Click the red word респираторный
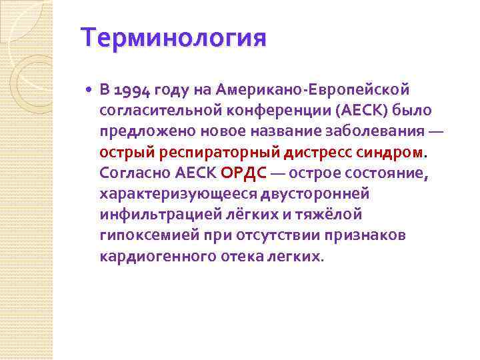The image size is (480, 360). point(219,153)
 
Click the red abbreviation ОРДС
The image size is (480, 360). point(243,173)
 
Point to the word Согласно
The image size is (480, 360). point(135,173)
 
